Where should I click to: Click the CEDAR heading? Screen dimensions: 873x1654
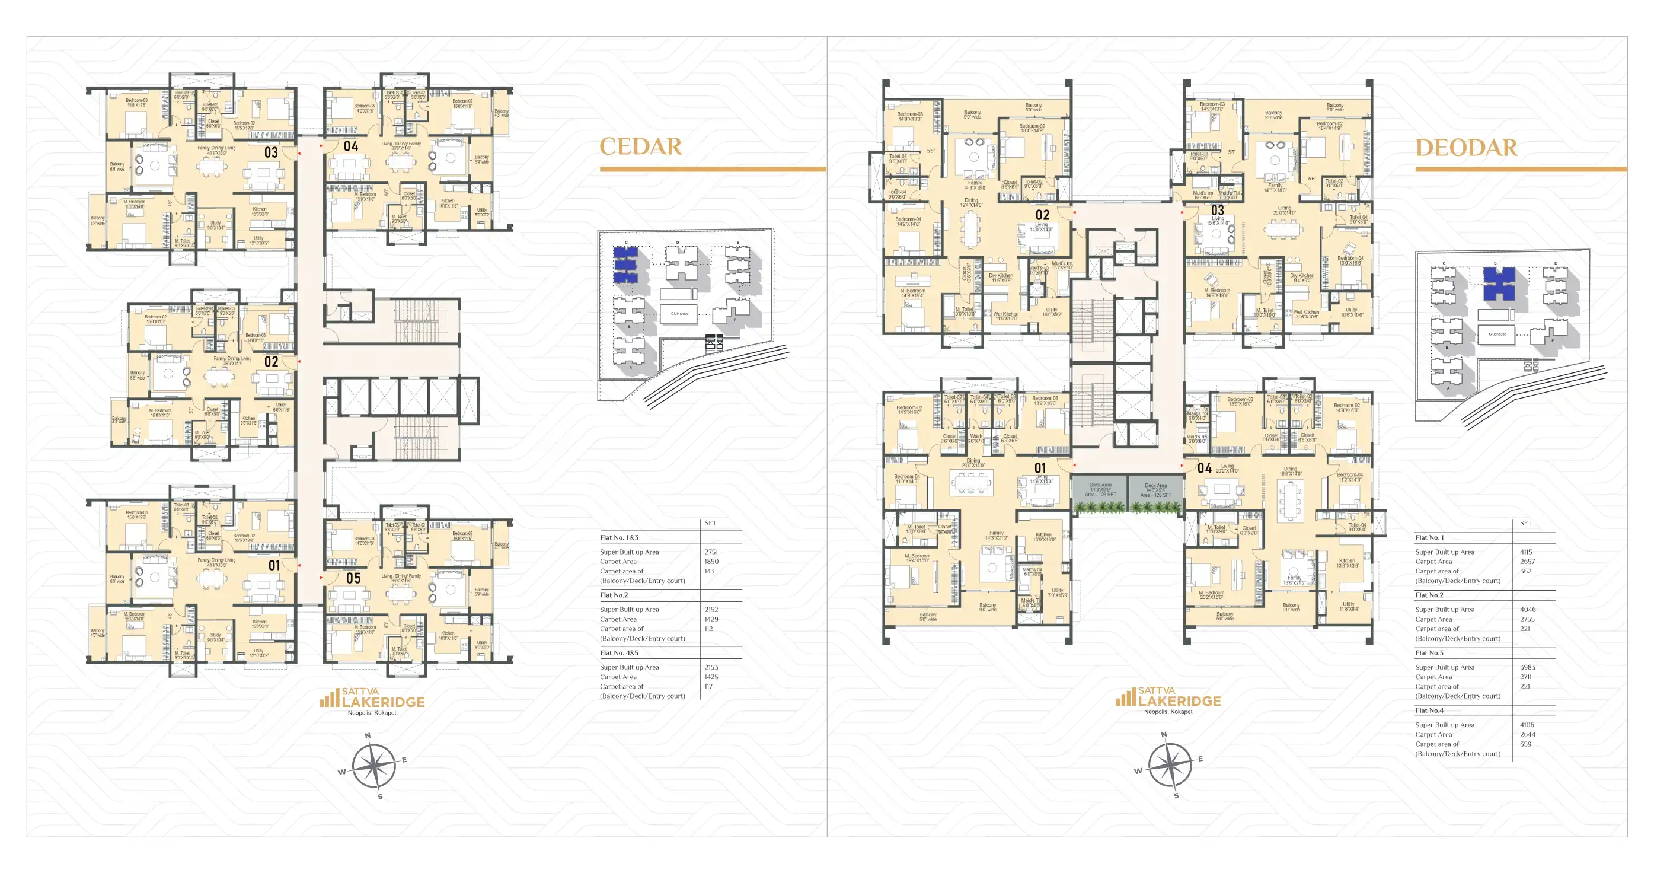click(x=640, y=146)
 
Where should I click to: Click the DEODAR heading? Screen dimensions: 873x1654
click(x=1466, y=148)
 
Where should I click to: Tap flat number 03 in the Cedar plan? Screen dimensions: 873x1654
click(x=271, y=152)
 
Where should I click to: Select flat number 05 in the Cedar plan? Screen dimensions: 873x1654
click(x=353, y=578)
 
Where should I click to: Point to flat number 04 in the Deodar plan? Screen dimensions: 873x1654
click(x=1205, y=469)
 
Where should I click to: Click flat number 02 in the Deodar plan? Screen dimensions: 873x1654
click(x=1042, y=215)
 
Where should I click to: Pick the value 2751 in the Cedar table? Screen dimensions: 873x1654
click(x=711, y=552)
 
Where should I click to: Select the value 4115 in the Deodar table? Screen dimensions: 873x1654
click(x=1525, y=552)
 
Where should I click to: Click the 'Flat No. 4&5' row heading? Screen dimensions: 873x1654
click(x=619, y=652)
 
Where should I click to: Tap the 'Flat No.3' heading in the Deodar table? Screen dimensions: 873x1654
click(x=1429, y=652)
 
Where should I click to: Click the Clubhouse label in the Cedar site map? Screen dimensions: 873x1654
click(x=679, y=314)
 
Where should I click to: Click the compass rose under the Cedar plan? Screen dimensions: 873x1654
click(x=373, y=766)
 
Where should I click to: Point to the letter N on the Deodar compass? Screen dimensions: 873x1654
click(x=1164, y=734)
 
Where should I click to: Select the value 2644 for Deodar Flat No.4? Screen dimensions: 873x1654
click(x=1528, y=734)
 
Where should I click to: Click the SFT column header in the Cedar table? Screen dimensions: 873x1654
click(x=710, y=523)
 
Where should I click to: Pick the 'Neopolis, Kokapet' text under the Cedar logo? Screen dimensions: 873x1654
click(x=372, y=713)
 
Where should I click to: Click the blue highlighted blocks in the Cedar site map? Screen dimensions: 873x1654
click(x=625, y=265)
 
